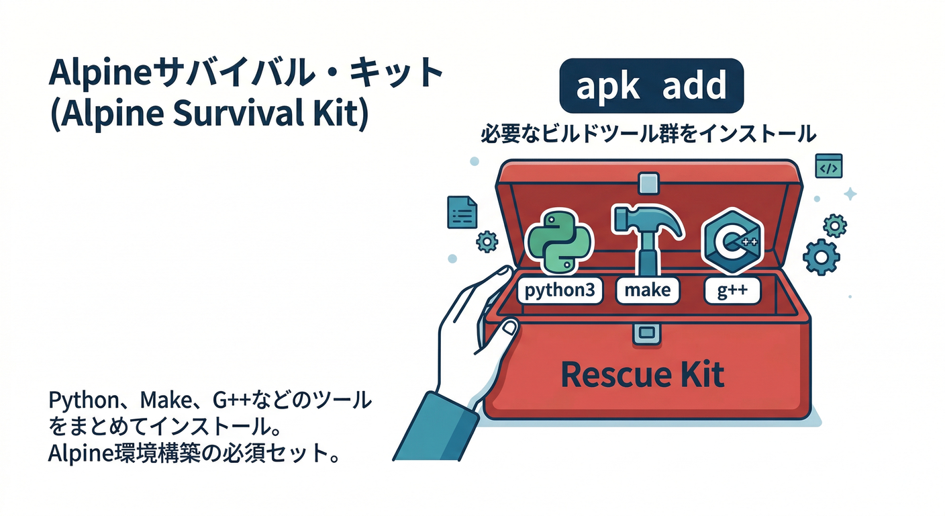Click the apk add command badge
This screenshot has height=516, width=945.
click(x=651, y=85)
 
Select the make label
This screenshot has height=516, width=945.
click(x=647, y=290)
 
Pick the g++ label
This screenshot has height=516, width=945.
click(x=732, y=290)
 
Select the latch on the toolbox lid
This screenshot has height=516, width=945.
click(x=648, y=183)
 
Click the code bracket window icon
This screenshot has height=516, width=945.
click(x=828, y=166)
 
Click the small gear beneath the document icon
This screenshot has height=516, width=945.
click(x=486, y=241)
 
